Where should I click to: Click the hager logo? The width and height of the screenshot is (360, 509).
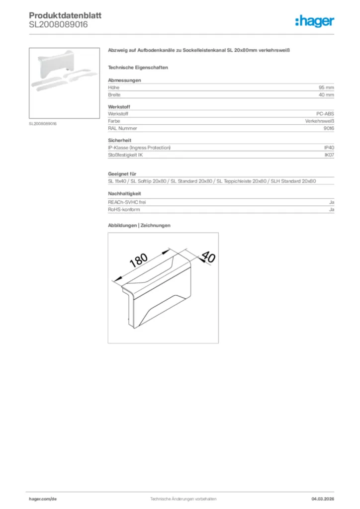click(314, 20)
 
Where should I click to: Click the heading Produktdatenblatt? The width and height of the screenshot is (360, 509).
click(65, 15)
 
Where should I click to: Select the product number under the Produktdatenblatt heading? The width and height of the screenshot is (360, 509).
click(59, 24)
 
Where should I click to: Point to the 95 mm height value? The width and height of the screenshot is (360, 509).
click(326, 87)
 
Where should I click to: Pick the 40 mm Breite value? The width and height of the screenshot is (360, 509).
click(326, 94)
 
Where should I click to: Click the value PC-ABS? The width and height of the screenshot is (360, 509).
click(325, 114)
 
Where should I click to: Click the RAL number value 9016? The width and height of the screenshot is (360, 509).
click(328, 128)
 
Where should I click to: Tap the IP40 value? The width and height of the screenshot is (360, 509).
click(329, 148)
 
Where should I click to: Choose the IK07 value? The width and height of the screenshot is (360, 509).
click(329, 155)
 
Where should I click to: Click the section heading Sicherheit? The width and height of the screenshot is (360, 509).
click(120, 141)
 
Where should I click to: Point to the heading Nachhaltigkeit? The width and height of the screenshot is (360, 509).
click(125, 193)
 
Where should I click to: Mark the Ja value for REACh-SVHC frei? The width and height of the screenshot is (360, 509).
click(331, 202)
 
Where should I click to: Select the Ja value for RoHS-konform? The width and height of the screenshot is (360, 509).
click(331, 210)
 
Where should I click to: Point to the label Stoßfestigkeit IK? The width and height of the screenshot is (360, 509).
click(126, 155)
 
